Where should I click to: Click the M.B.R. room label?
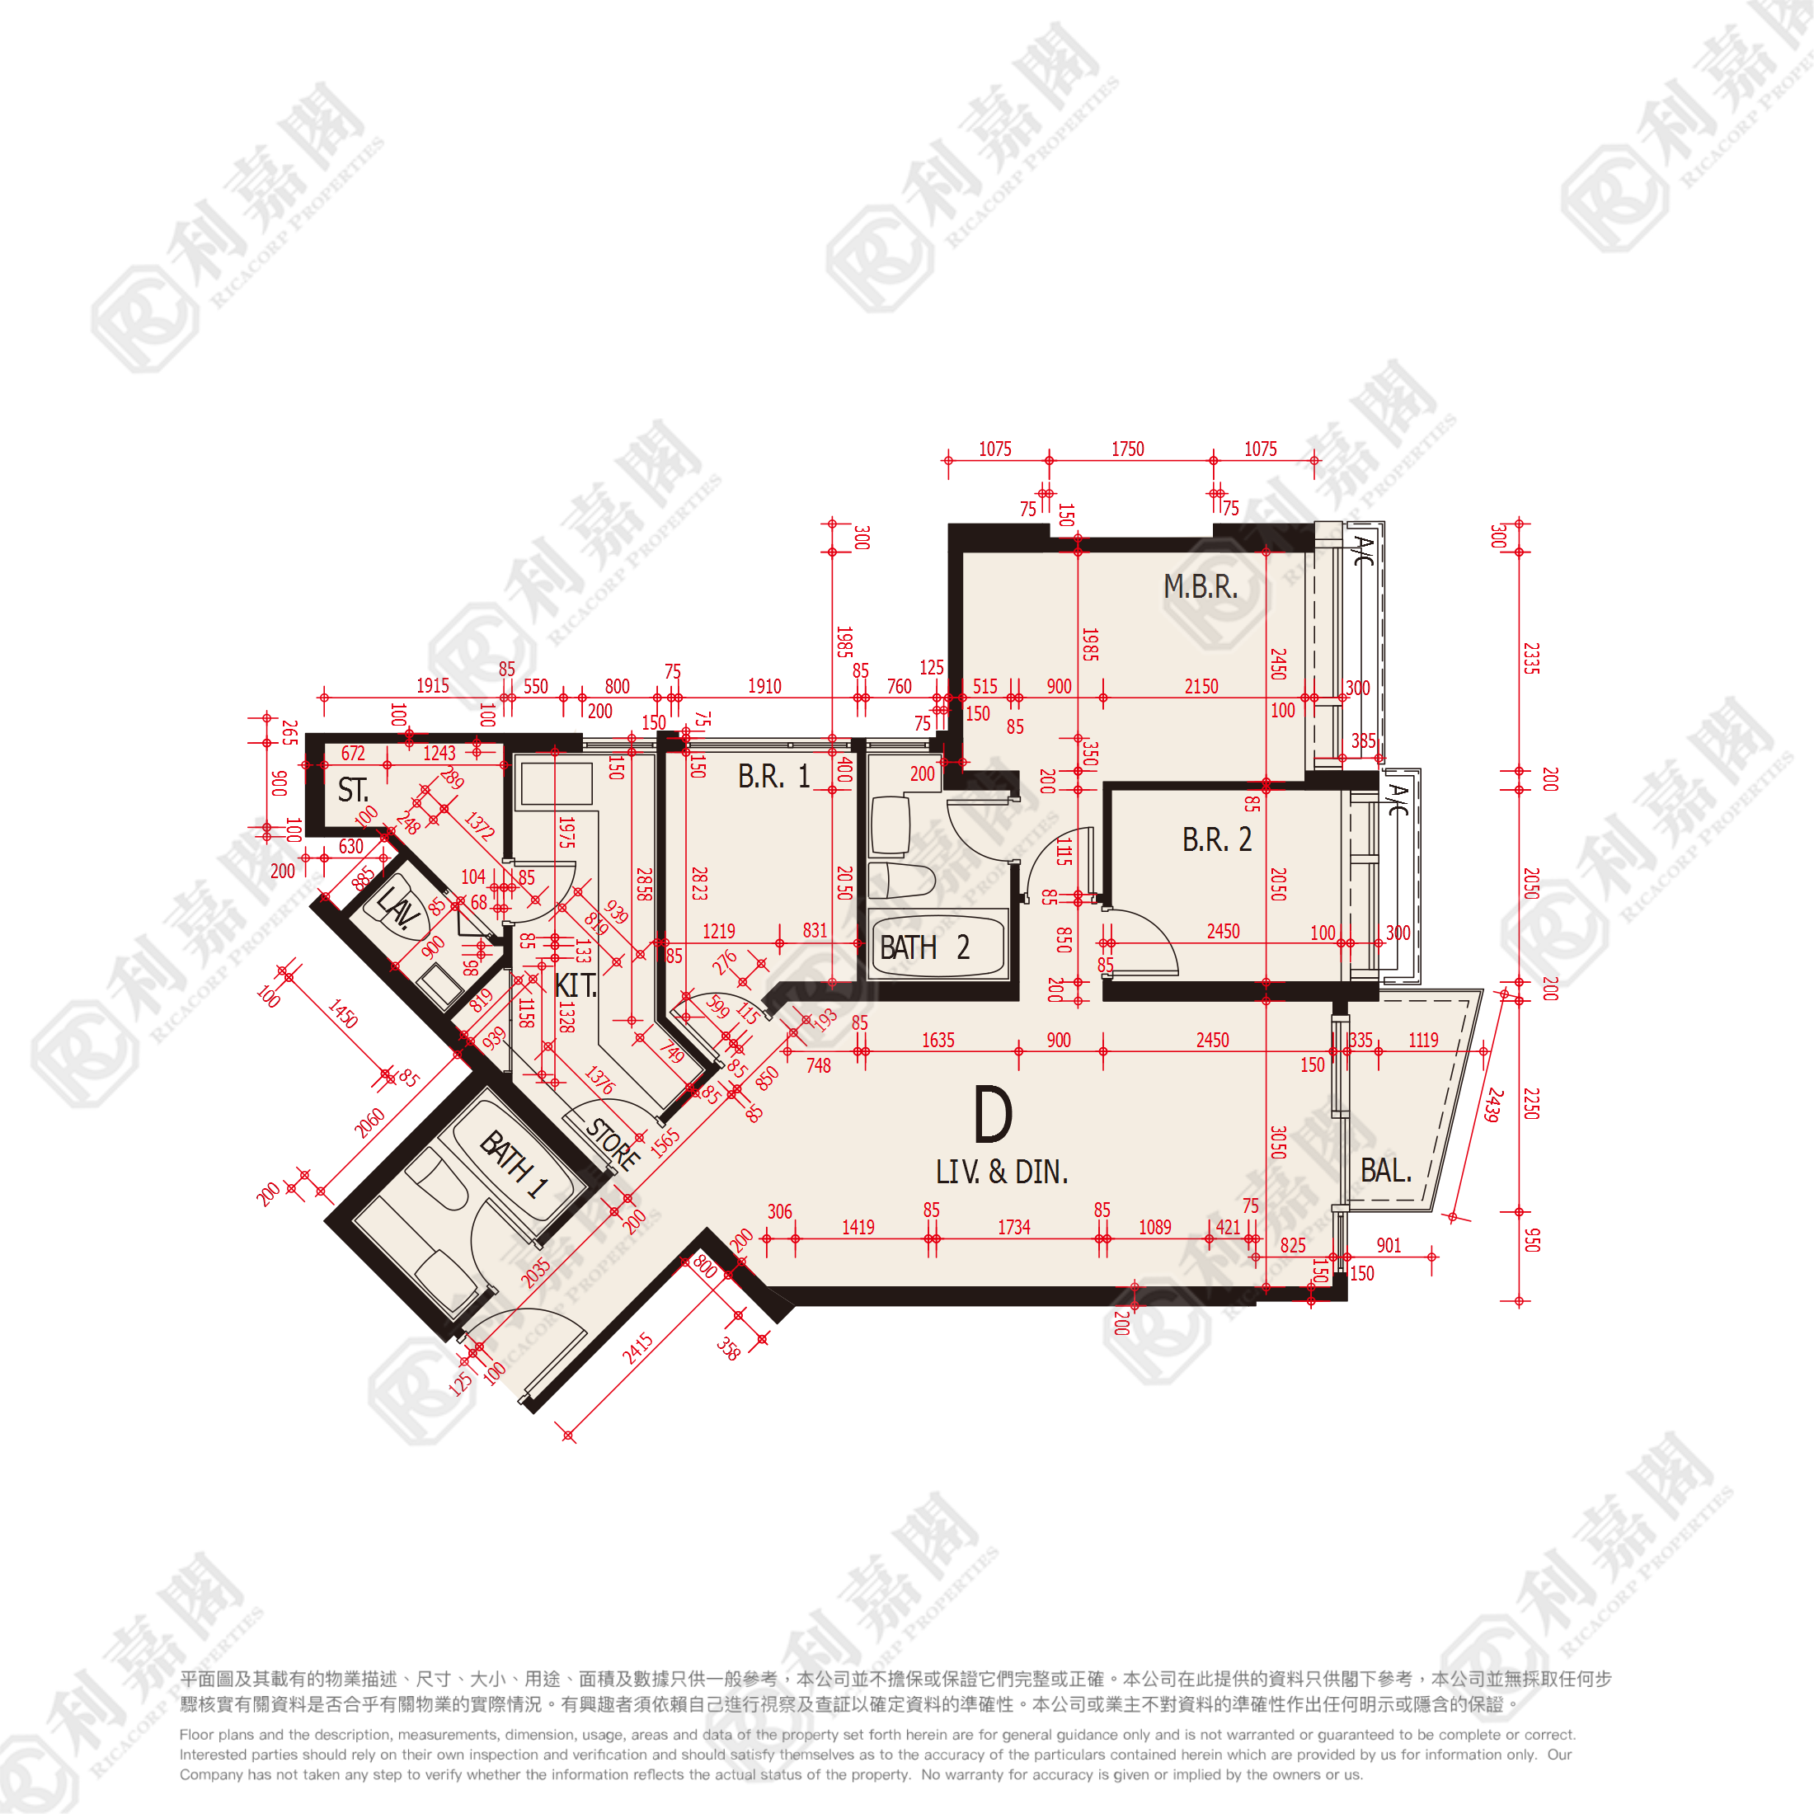click(x=1200, y=587)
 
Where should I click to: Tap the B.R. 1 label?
click(x=773, y=777)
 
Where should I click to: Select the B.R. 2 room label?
click(x=1217, y=839)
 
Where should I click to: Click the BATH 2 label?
click(x=923, y=948)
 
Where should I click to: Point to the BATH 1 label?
click(x=514, y=1164)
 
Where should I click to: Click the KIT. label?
click(x=576, y=986)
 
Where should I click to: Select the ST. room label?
click(x=353, y=790)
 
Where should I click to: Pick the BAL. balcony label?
click(x=1386, y=1171)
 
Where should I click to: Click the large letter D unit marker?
click(x=993, y=1115)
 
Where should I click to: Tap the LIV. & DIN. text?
click(x=1002, y=1172)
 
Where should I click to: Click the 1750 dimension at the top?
click(x=1128, y=449)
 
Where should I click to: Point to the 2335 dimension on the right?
click(x=1530, y=658)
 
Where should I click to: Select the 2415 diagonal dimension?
click(x=637, y=1348)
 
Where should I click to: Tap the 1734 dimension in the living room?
click(x=1014, y=1227)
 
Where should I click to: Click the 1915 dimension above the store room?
click(x=433, y=685)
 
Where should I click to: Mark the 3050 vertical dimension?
click(x=1277, y=1142)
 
